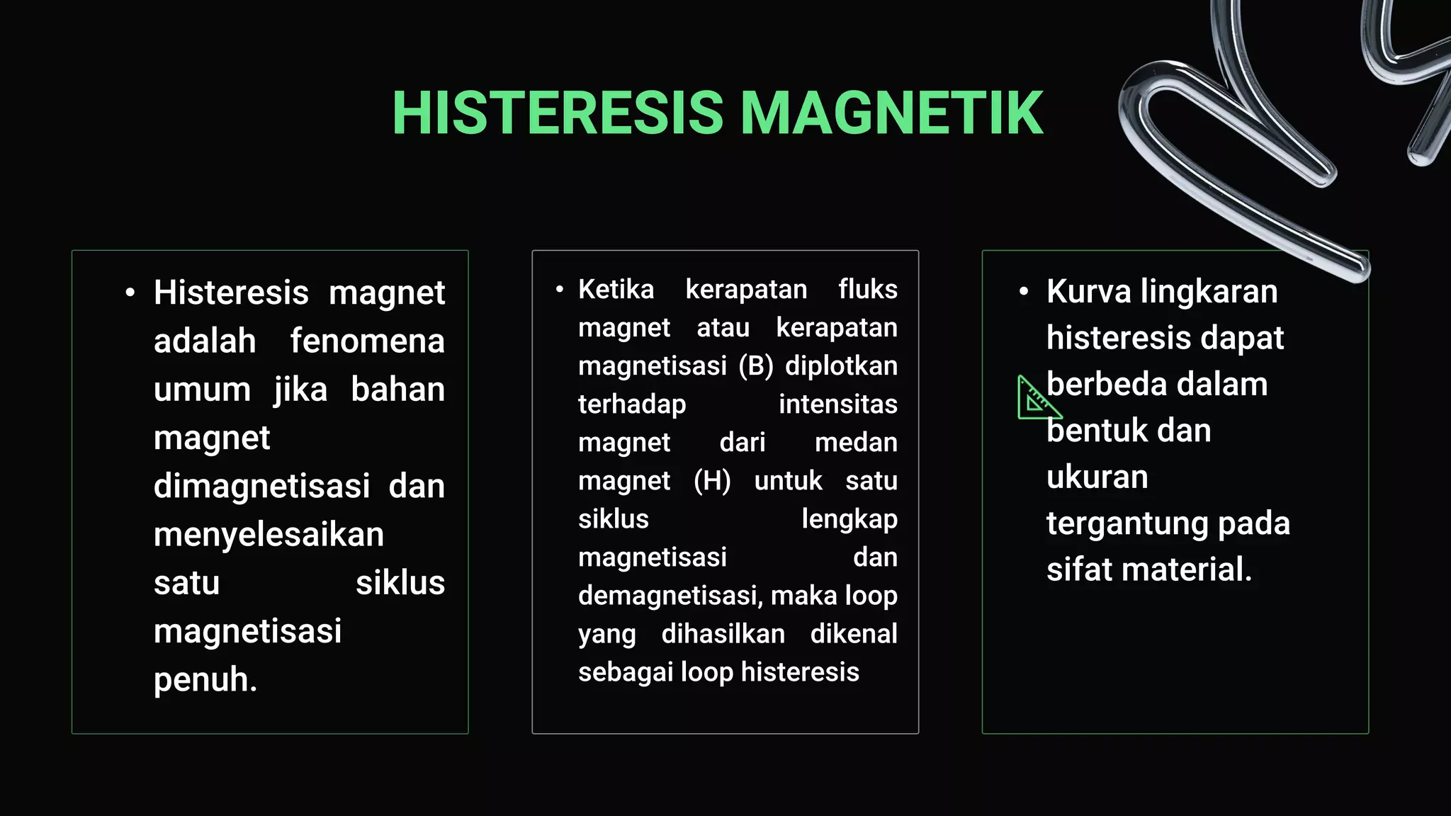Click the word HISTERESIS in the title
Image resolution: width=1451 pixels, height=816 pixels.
coord(558,113)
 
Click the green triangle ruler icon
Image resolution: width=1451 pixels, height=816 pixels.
coord(1037,399)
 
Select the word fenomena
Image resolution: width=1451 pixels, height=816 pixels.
coord(367,341)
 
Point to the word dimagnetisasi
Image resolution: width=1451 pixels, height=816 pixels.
coord(261,487)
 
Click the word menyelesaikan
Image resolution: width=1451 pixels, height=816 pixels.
coord(269,535)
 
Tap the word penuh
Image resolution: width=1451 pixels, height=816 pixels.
coord(205,680)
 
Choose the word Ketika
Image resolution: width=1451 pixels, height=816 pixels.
coord(616,290)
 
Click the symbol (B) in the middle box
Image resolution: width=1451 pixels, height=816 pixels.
coord(755,366)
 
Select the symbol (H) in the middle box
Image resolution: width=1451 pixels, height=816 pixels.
coord(712,481)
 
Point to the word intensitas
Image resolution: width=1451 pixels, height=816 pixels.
coord(837,404)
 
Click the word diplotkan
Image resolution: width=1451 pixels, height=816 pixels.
coord(841,366)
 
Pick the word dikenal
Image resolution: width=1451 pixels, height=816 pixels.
coord(854,634)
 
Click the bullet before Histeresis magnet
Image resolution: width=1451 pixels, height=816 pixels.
coord(130,293)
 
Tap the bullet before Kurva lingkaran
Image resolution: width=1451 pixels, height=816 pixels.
coord(1023,292)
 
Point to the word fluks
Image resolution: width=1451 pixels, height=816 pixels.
coord(867,290)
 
